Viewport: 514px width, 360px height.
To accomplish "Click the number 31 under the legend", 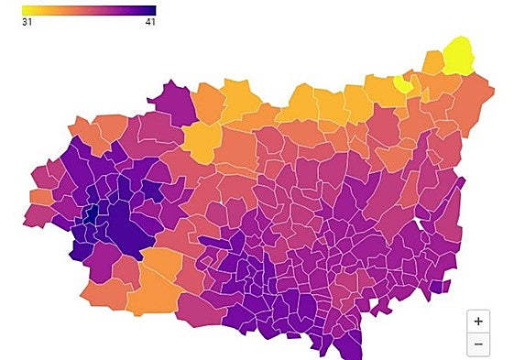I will pyautogui.click(x=27, y=22).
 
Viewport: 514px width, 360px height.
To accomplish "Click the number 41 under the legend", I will pyautogui.click(x=149, y=22).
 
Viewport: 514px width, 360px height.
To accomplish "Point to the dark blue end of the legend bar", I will pyautogui.click(x=150, y=10).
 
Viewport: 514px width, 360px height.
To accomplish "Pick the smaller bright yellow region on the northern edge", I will pyautogui.click(x=402, y=83).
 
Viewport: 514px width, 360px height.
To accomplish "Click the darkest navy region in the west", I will pyautogui.click(x=91, y=214).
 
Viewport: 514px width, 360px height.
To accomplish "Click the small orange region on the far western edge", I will pyautogui.click(x=40, y=196).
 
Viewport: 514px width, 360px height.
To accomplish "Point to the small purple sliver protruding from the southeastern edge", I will pyautogui.click(x=441, y=287).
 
